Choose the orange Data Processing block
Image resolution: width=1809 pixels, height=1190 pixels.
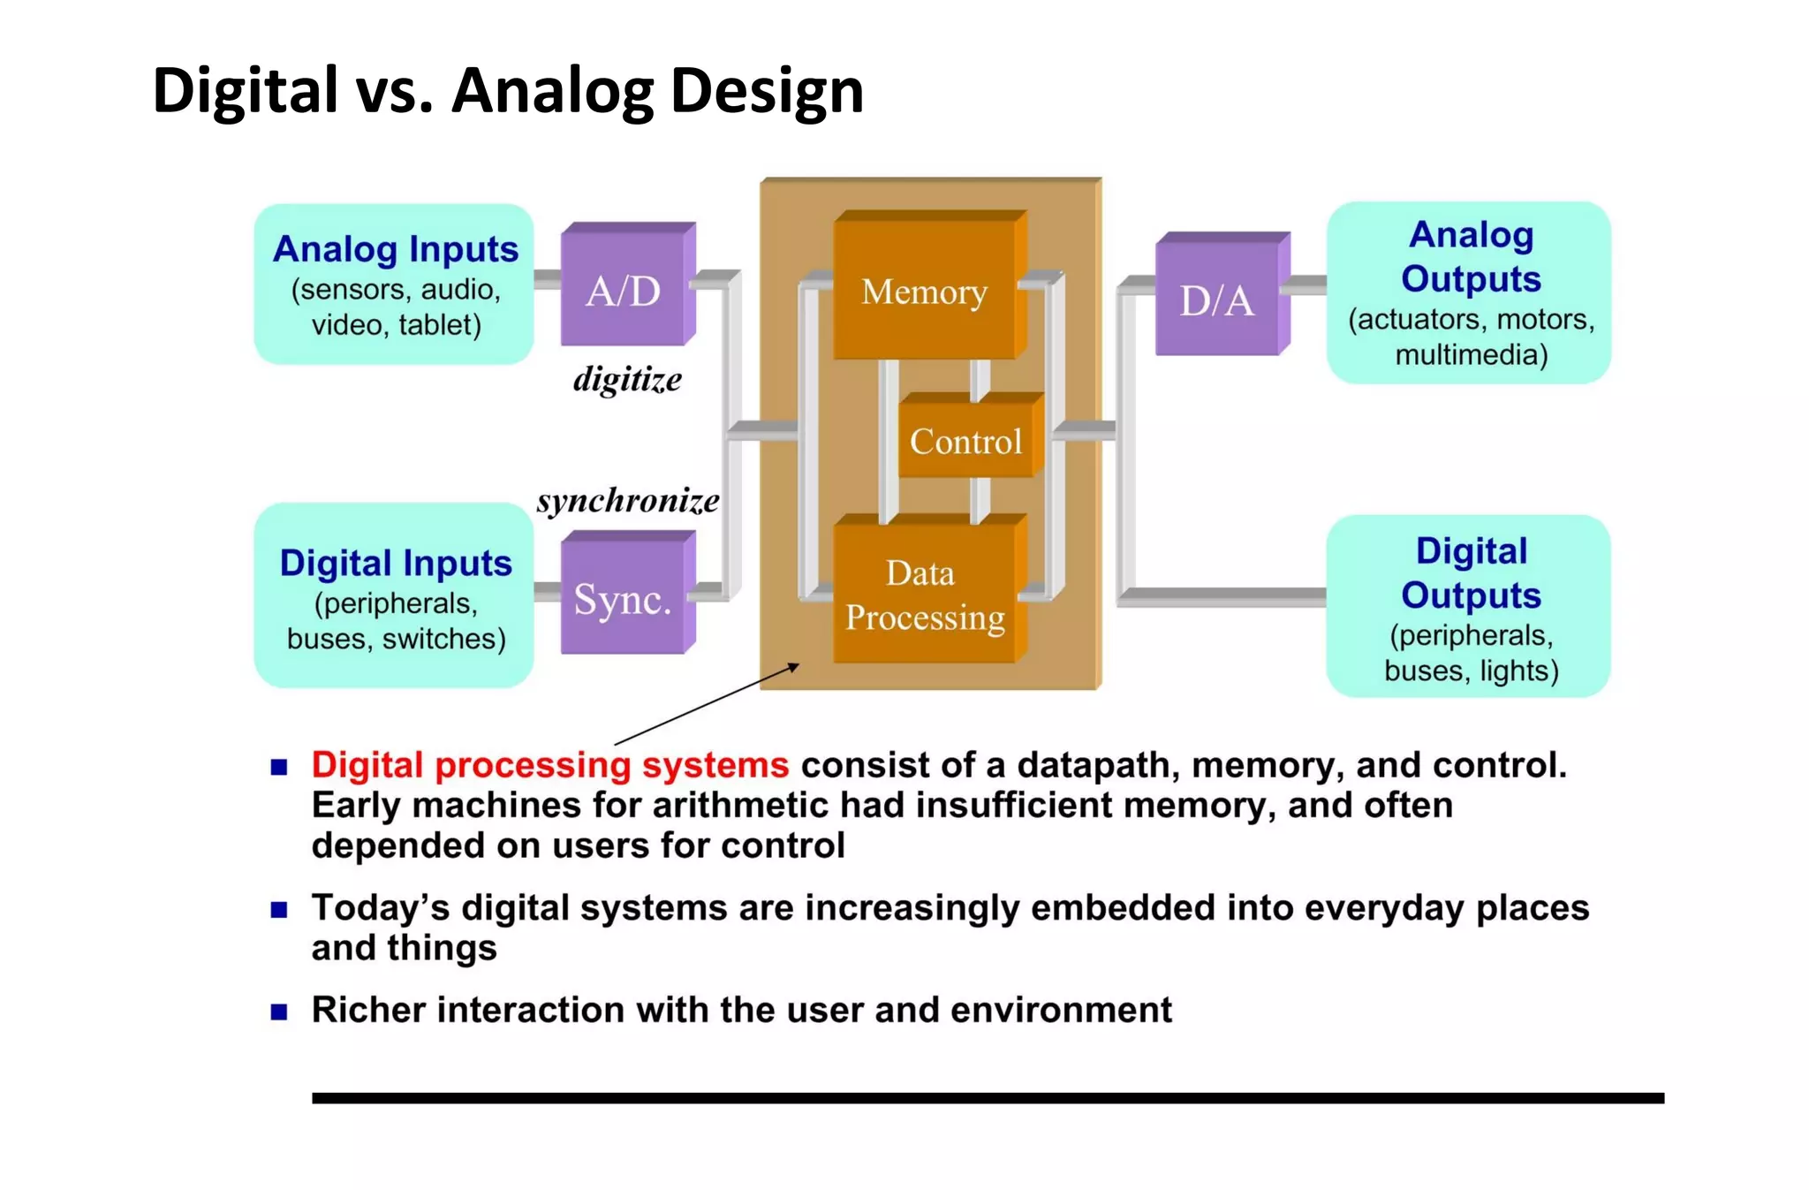[925, 595]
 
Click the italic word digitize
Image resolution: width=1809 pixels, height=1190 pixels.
[627, 380]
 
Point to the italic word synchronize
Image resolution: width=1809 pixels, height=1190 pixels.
[628, 501]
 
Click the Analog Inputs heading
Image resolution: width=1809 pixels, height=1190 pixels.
[395, 249]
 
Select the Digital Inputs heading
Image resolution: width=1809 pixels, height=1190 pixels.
[395, 563]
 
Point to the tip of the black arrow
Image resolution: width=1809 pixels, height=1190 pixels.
[799, 663]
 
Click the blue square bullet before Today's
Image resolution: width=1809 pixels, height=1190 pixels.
[279, 909]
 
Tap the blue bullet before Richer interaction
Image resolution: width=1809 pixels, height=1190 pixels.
[279, 1012]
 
